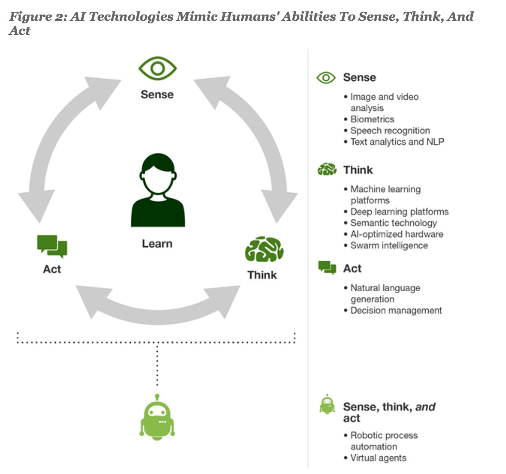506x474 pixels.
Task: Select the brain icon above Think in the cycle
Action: pyautogui.click(x=264, y=250)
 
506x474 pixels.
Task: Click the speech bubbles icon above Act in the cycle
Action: pyautogui.click(x=52, y=246)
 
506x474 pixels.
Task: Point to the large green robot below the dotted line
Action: pyautogui.click(x=157, y=418)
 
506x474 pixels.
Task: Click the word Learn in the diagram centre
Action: pyautogui.click(x=157, y=244)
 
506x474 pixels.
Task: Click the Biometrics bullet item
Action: pyautogui.click(x=372, y=119)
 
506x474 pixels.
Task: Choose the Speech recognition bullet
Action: pyautogui.click(x=389, y=131)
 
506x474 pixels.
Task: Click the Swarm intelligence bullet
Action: pyautogui.click(x=389, y=246)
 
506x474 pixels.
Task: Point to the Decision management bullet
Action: pyautogui.click(x=396, y=311)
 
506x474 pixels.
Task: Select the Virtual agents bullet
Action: pyautogui.click(x=378, y=458)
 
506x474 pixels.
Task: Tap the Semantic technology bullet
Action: pyautogui.click(x=393, y=223)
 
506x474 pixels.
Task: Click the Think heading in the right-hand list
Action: pyautogui.click(x=358, y=170)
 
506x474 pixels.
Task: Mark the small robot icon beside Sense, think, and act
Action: pyautogui.click(x=327, y=405)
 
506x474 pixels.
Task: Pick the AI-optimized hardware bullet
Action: pyautogui.click(x=396, y=234)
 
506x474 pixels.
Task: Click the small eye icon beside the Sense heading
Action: pyautogui.click(x=326, y=78)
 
